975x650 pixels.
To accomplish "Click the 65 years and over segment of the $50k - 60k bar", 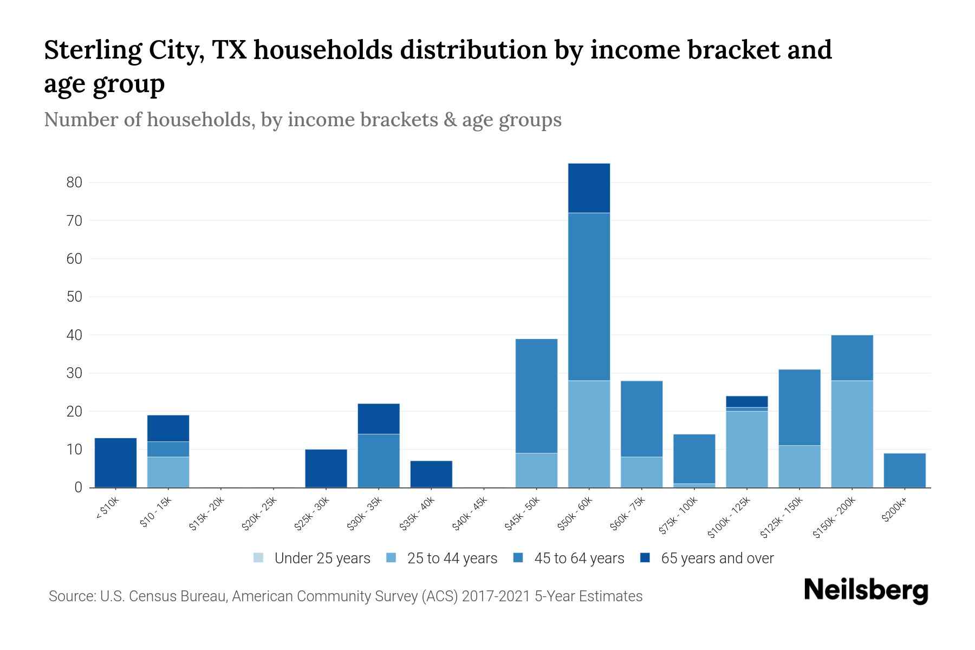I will click(x=589, y=188).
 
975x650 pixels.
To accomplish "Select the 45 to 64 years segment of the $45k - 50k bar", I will click(x=536, y=396).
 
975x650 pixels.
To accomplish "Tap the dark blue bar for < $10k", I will click(x=115, y=463).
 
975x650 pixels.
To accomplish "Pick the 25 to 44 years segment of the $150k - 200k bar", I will click(x=852, y=434).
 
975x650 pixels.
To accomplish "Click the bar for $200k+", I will click(x=905, y=470).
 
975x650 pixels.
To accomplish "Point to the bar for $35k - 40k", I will click(x=431, y=474).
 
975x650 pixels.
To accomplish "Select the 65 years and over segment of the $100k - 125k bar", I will click(x=747, y=401).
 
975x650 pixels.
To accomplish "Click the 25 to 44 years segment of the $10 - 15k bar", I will click(x=168, y=472).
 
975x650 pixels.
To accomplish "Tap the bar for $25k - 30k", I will click(x=326, y=468).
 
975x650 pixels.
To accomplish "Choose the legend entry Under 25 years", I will click(x=312, y=558).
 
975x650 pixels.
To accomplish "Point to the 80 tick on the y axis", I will click(x=74, y=183).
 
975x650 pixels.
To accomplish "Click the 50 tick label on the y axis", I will click(x=74, y=297).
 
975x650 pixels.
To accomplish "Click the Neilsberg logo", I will click(x=866, y=590).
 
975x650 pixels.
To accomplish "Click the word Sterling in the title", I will click(x=90, y=50).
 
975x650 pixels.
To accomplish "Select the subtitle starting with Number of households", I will click(x=303, y=120).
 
